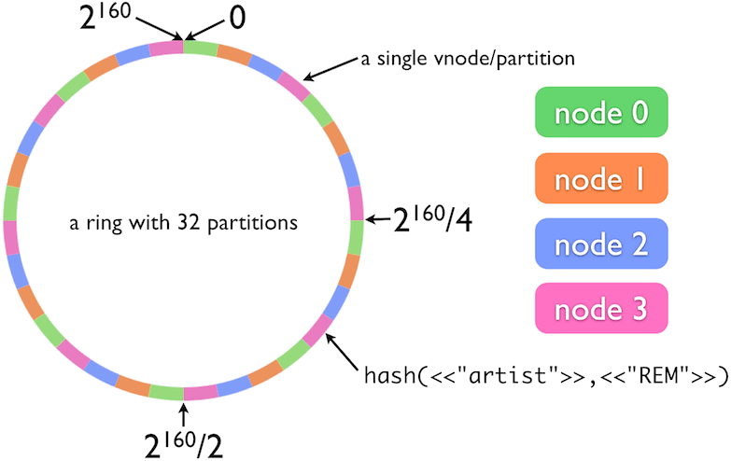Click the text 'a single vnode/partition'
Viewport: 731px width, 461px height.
(x=468, y=60)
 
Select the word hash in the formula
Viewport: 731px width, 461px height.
(x=391, y=378)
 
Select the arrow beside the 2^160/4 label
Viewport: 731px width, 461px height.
(x=377, y=220)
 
